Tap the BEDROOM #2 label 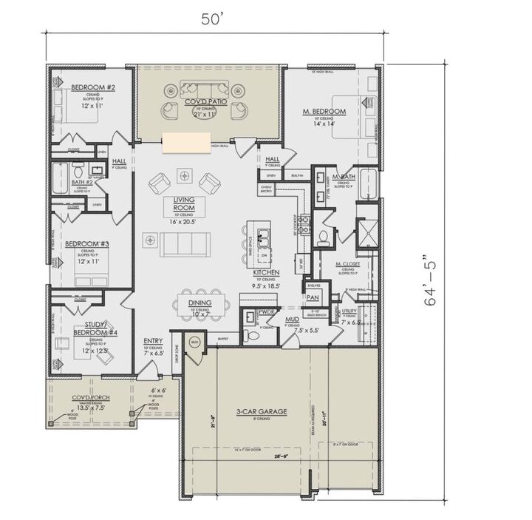pyautogui.click(x=92, y=88)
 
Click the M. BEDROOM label pyautogui.click(x=324, y=112)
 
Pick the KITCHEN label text pyautogui.click(x=266, y=273)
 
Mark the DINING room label pyautogui.click(x=199, y=303)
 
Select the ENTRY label pyautogui.click(x=153, y=341)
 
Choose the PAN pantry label pyautogui.click(x=312, y=297)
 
